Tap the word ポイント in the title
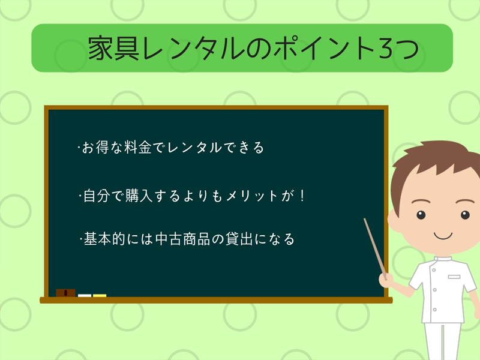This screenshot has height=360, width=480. click(318, 48)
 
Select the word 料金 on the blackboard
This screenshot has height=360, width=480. click(134, 148)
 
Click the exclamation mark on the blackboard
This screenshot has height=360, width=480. click(302, 196)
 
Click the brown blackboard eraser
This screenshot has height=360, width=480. click(66, 293)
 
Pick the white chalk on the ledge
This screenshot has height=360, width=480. click(85, 295)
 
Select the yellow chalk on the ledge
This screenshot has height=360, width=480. click(100, 295)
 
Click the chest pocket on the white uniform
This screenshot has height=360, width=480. click(454, 277)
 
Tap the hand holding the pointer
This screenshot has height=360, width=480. click(386, 280)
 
